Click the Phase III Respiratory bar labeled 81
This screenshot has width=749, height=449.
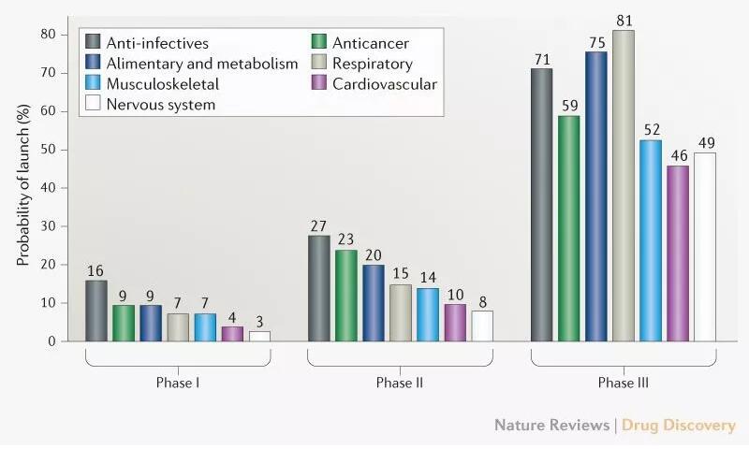623,186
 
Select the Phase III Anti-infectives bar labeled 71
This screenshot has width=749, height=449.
541,205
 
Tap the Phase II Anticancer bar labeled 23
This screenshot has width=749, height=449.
345,296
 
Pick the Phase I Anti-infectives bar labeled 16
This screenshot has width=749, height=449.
95,311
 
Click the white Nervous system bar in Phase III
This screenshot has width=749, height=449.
704,247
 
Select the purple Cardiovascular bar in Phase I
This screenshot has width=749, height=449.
231,334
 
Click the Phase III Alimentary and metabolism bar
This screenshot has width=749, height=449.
595,196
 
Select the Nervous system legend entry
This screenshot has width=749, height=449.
160,105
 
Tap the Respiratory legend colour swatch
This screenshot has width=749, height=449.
319,64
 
